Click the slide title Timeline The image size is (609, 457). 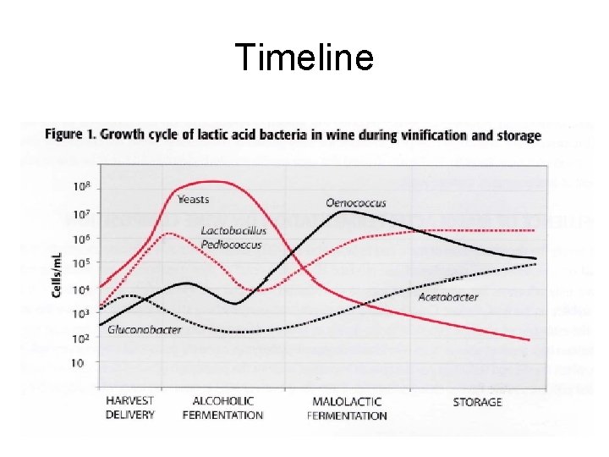(x=304, y=58)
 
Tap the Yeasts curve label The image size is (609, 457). (x=194, y=200)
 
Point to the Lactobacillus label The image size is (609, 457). (x=234, y=230)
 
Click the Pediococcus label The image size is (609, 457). (x=232, y=245)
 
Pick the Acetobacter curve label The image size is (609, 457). (x=448, y=297)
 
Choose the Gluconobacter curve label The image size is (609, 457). (x=145, y=330)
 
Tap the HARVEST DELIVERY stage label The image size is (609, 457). (x=129, y=408)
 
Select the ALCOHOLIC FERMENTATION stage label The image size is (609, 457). (x=222, y=408)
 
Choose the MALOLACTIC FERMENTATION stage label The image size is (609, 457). (x=347, y=408)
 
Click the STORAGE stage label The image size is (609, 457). (x=477, y=402)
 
